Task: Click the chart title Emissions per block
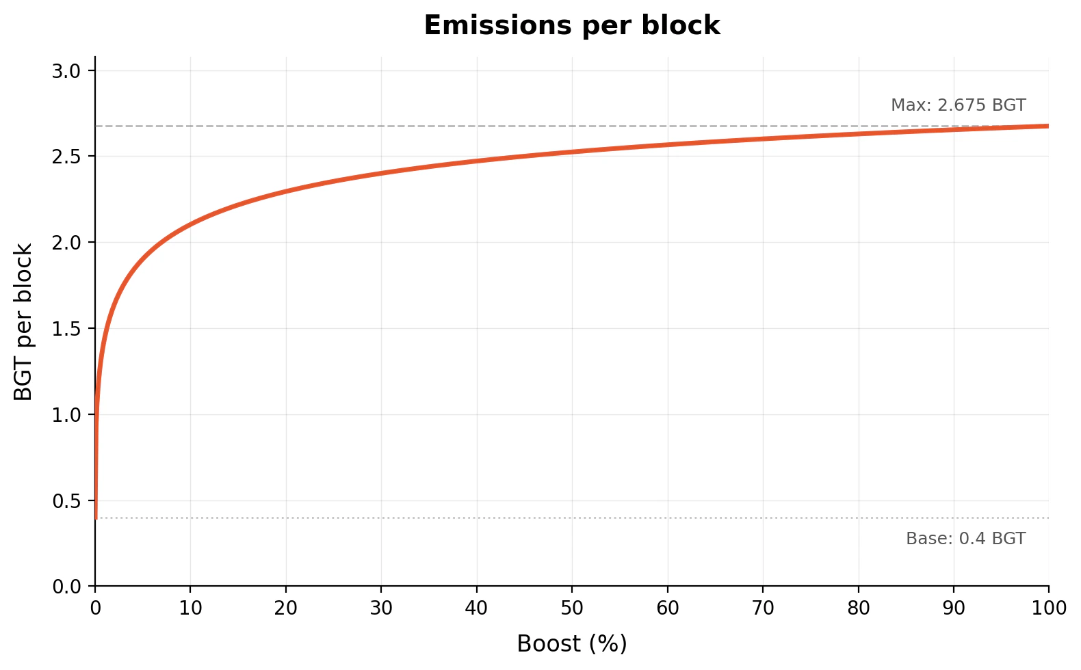572,25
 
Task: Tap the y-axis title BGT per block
23,322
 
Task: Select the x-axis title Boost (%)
572,643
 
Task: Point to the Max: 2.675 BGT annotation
958,105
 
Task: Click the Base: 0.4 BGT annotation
965,539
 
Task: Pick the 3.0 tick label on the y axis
66,71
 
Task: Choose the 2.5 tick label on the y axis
66,157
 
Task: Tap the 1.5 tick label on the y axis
66,329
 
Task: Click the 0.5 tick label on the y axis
66,501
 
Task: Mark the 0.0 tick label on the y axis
66,587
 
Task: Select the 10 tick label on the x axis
190,608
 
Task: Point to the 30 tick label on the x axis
381,608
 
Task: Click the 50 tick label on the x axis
572,608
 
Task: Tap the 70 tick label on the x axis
763,608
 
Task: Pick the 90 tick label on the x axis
954,608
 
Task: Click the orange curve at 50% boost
572,151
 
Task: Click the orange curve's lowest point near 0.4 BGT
96,517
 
